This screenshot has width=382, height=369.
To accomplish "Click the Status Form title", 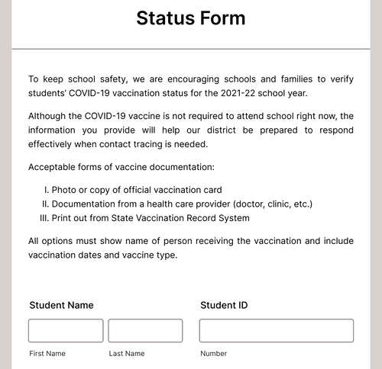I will click(191, 18).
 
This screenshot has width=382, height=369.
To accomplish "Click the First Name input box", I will click(66, 331).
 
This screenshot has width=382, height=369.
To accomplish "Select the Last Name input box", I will click(145, 331).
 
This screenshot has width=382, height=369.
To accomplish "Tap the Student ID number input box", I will click(276, 331).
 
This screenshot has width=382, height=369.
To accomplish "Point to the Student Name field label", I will click(61, 305).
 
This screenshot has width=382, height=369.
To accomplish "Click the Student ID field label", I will click(224, 305).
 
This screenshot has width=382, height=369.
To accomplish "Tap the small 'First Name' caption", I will click(47, 354).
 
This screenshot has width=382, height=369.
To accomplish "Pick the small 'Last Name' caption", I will click(126, 354).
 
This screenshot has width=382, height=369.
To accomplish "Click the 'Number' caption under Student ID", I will click(214, 354).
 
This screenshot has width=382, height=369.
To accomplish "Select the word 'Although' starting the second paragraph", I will click(50, 116).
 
